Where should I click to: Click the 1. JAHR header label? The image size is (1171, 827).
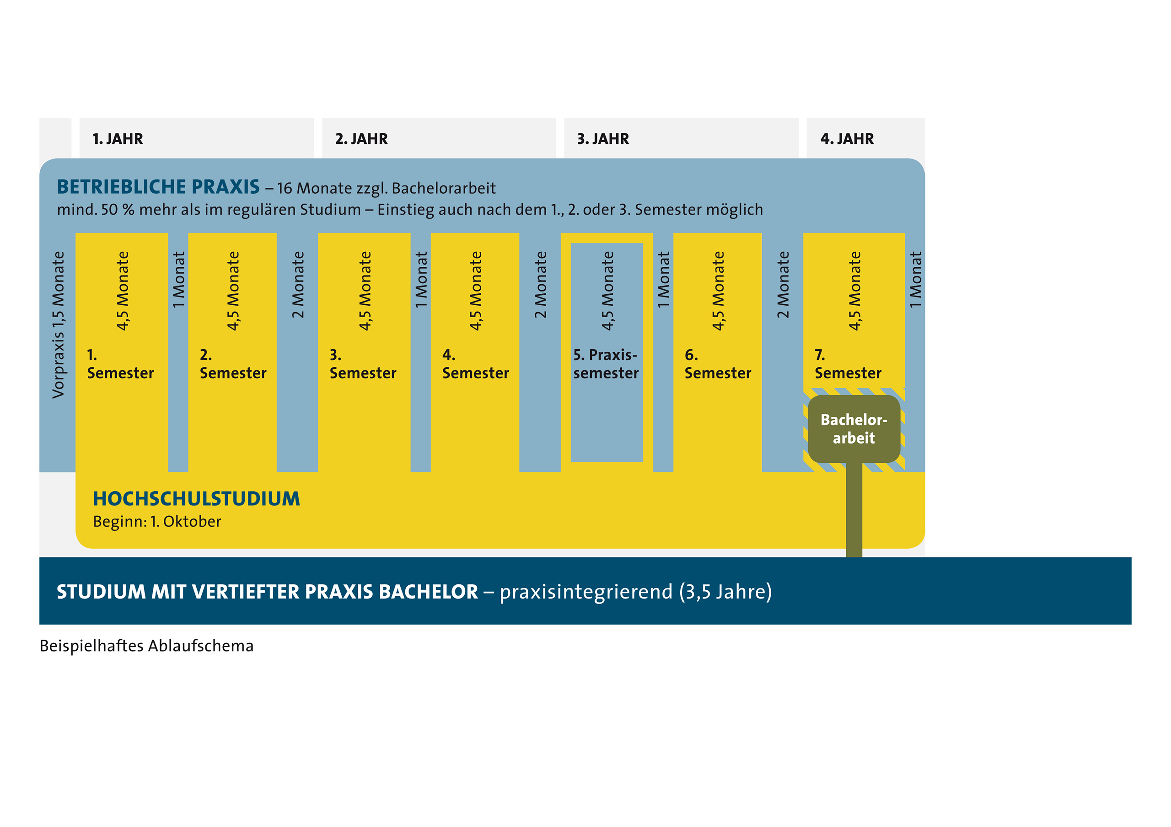(x=118, y=138)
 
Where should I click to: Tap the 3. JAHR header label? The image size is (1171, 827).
(x=603, y=138)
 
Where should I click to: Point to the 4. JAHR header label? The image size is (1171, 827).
(x=847, y=138)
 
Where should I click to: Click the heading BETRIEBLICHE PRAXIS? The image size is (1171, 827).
(x=158, y=187)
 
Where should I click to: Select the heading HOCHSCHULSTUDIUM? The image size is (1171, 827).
(x=196, y=499)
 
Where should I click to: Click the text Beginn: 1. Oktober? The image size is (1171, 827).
(x=157, y=522)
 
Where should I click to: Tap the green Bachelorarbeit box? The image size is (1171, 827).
(x=854, y=429)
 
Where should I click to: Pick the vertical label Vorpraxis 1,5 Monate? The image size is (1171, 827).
(x=58, y=324)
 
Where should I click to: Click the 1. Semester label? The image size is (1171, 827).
(x=120, y=364)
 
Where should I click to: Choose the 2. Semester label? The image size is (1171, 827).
(x=233, y=364)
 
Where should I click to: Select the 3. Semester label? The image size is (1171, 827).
(x=363, y=364)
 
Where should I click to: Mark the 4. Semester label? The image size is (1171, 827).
(x=475, y=364)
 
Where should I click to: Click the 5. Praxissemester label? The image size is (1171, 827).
(x=606, y=364)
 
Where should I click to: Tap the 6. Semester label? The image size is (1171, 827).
(x=718, y=364)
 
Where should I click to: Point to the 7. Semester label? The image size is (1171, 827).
(x=848, y=364)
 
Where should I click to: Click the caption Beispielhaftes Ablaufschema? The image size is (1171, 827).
(x=146, y=646)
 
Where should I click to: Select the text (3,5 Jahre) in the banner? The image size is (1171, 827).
(x=725, y=592)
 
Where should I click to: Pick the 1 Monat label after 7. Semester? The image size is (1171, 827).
(x=915, y=279)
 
